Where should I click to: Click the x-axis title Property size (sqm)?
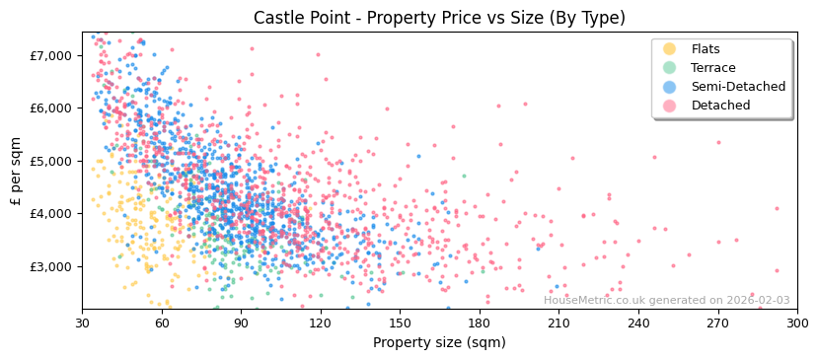[x=439, y=342]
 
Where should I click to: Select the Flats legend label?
[x=706, y=49]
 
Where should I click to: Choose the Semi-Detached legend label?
[x=738, y=87]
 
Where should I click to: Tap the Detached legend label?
[x=720, y=106]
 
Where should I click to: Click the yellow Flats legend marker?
[x=669, y=49]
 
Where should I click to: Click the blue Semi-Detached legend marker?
[x=669, y=87]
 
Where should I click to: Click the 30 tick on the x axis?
[x=82, y=323]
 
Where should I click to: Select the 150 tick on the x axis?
[x=400, y=323]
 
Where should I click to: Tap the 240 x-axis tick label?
[x=638, y=323]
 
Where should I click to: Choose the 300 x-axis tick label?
[x=797, y=323]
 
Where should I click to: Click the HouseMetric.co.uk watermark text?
[x=666, y=300]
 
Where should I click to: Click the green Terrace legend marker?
[x=669, y=68]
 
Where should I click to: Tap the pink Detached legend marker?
[x=669, y=106]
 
